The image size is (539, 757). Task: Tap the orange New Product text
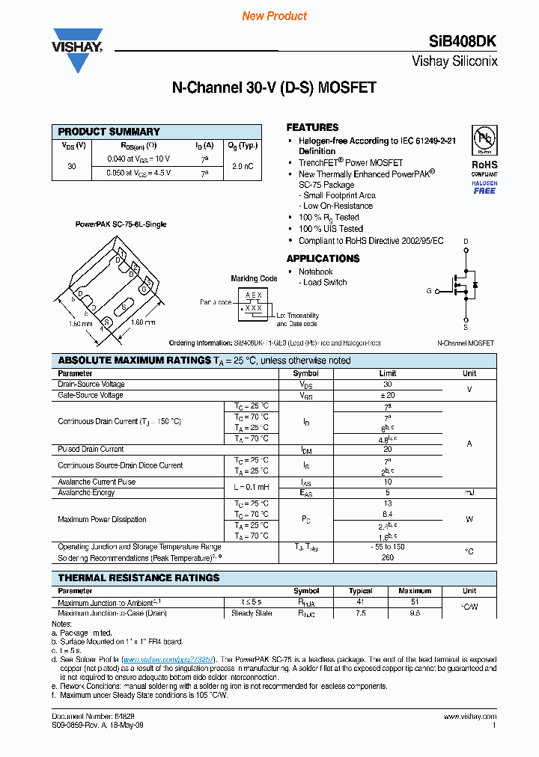click(x=274, y=16)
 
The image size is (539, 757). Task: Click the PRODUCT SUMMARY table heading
click(x=109, y=132)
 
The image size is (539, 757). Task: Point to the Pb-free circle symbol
click(x=484, y=140)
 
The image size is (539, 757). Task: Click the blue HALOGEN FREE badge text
click(x=484, y=187)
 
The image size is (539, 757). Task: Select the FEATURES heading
click(x=312, y=127)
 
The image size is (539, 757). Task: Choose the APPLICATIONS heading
click(x=323, y=259)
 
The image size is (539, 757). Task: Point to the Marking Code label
click(x=254, y=279)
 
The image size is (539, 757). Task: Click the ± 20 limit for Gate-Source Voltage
click(x=388, y=395)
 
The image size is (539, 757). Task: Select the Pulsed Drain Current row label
click(x=91, y=450)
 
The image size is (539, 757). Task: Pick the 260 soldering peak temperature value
click(x=388, y=558)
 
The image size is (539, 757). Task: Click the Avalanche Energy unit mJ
click(x=469, y=493)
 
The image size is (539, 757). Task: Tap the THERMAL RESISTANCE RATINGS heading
click(x=139, y=578)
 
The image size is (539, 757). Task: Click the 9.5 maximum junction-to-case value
click(x=415, y=613)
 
